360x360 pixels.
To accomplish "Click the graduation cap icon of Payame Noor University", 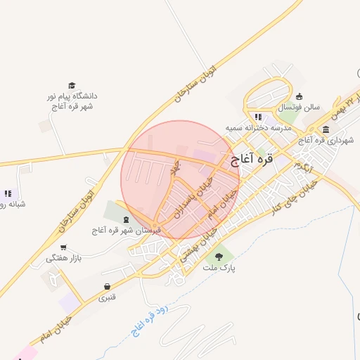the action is (71, 84).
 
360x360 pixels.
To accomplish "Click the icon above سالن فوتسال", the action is (299, 96).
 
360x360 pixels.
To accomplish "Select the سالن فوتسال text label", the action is (298, 108).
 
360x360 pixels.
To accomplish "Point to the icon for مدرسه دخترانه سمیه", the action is (258, 117).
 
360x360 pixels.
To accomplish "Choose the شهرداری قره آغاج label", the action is (325, 141).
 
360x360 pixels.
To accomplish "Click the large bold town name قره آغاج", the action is (251, 160).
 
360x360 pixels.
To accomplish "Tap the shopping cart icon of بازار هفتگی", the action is (64, 247).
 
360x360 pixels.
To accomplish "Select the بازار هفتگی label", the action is (64, 259).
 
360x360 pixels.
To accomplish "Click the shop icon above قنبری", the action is (107, 286).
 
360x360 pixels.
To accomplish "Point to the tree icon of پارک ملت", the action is (220, 257).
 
